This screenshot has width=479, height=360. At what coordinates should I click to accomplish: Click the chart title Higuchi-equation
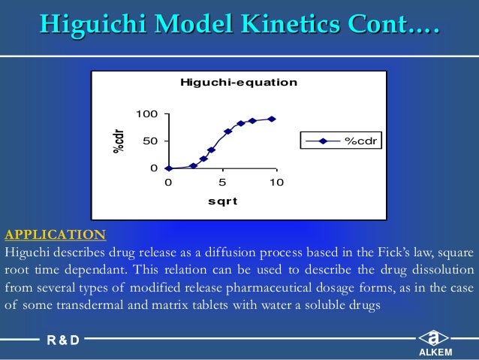238,82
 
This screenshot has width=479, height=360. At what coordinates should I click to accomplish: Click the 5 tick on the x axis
221,182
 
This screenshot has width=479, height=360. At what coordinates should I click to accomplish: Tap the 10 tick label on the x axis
276,182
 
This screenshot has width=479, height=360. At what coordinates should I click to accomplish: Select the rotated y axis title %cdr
119,141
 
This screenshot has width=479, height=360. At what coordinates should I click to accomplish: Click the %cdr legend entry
342,141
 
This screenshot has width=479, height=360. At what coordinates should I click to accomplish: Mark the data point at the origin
168,168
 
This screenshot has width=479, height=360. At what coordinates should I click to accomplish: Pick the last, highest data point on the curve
272,119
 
